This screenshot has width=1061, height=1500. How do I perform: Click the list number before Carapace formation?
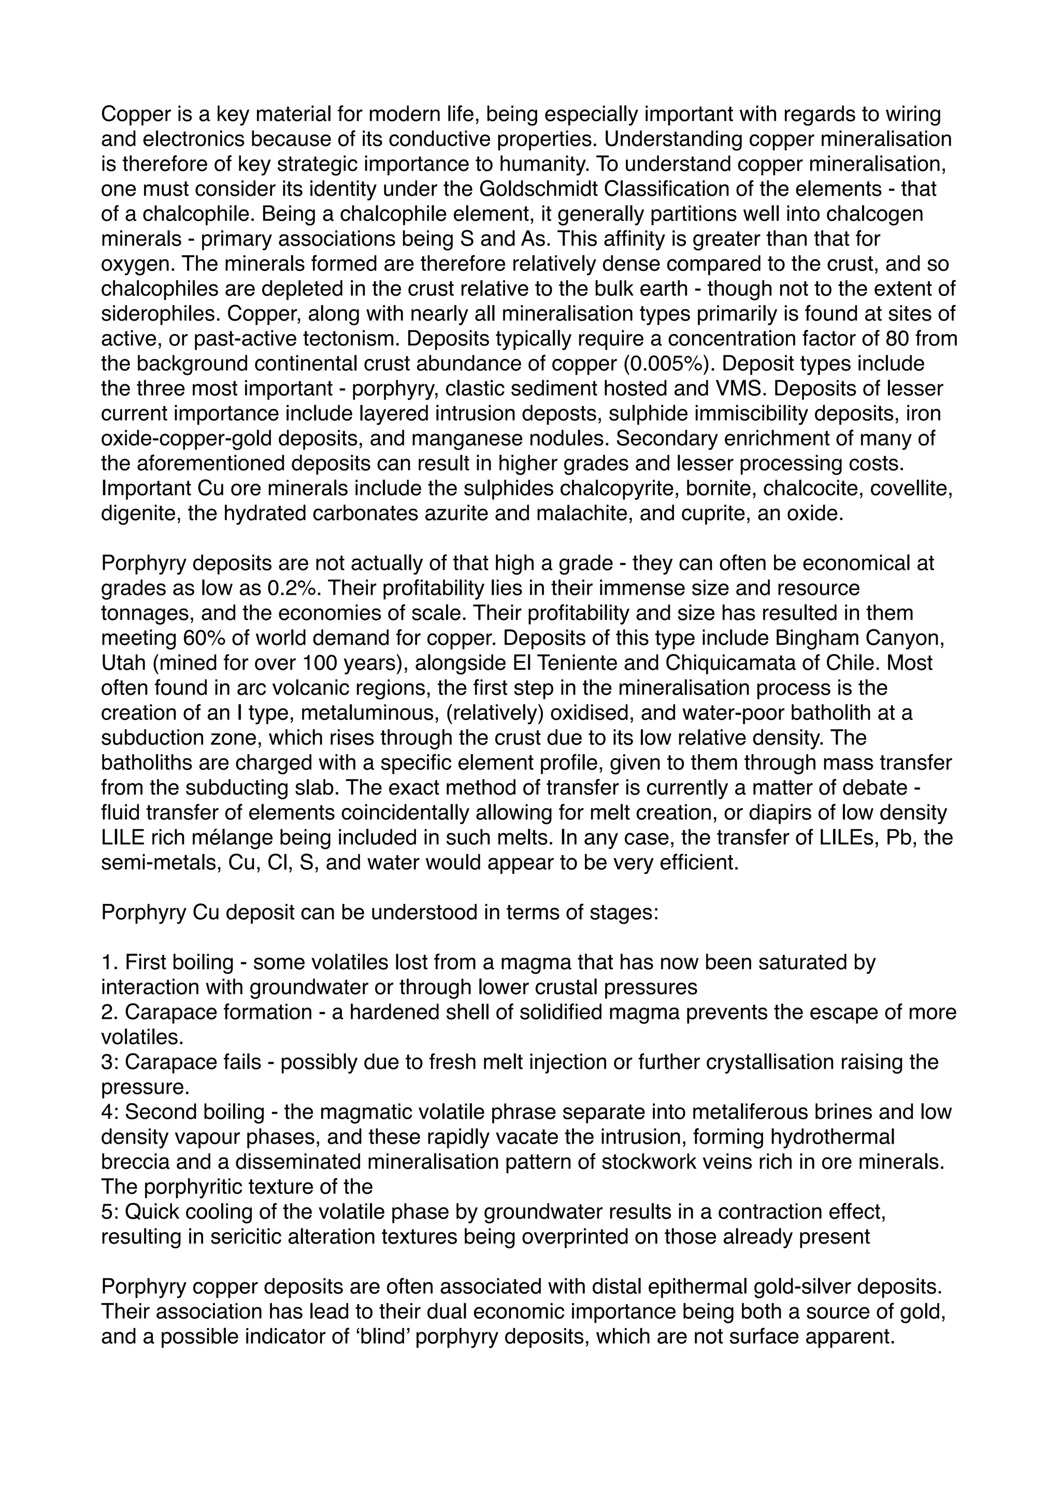click(x=109, y=1012)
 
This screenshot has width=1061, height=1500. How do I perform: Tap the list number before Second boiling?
click(x=109, y=1112)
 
